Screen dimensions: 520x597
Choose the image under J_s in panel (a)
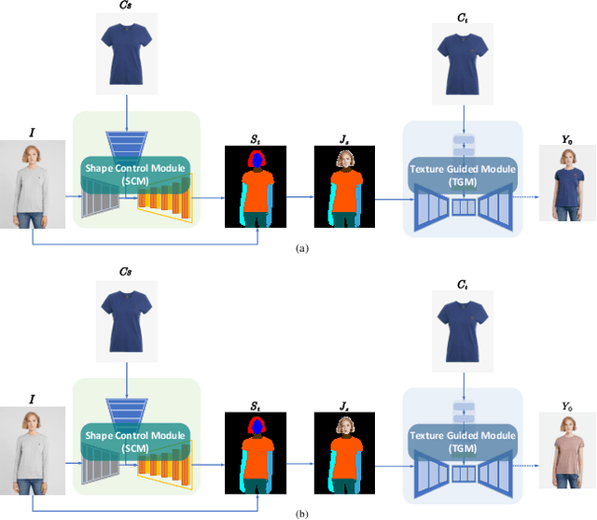click(x=342, y=184)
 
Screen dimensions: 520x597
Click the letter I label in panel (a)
click(x=33, y=133)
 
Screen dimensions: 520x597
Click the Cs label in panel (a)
click(x=125, y=7)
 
